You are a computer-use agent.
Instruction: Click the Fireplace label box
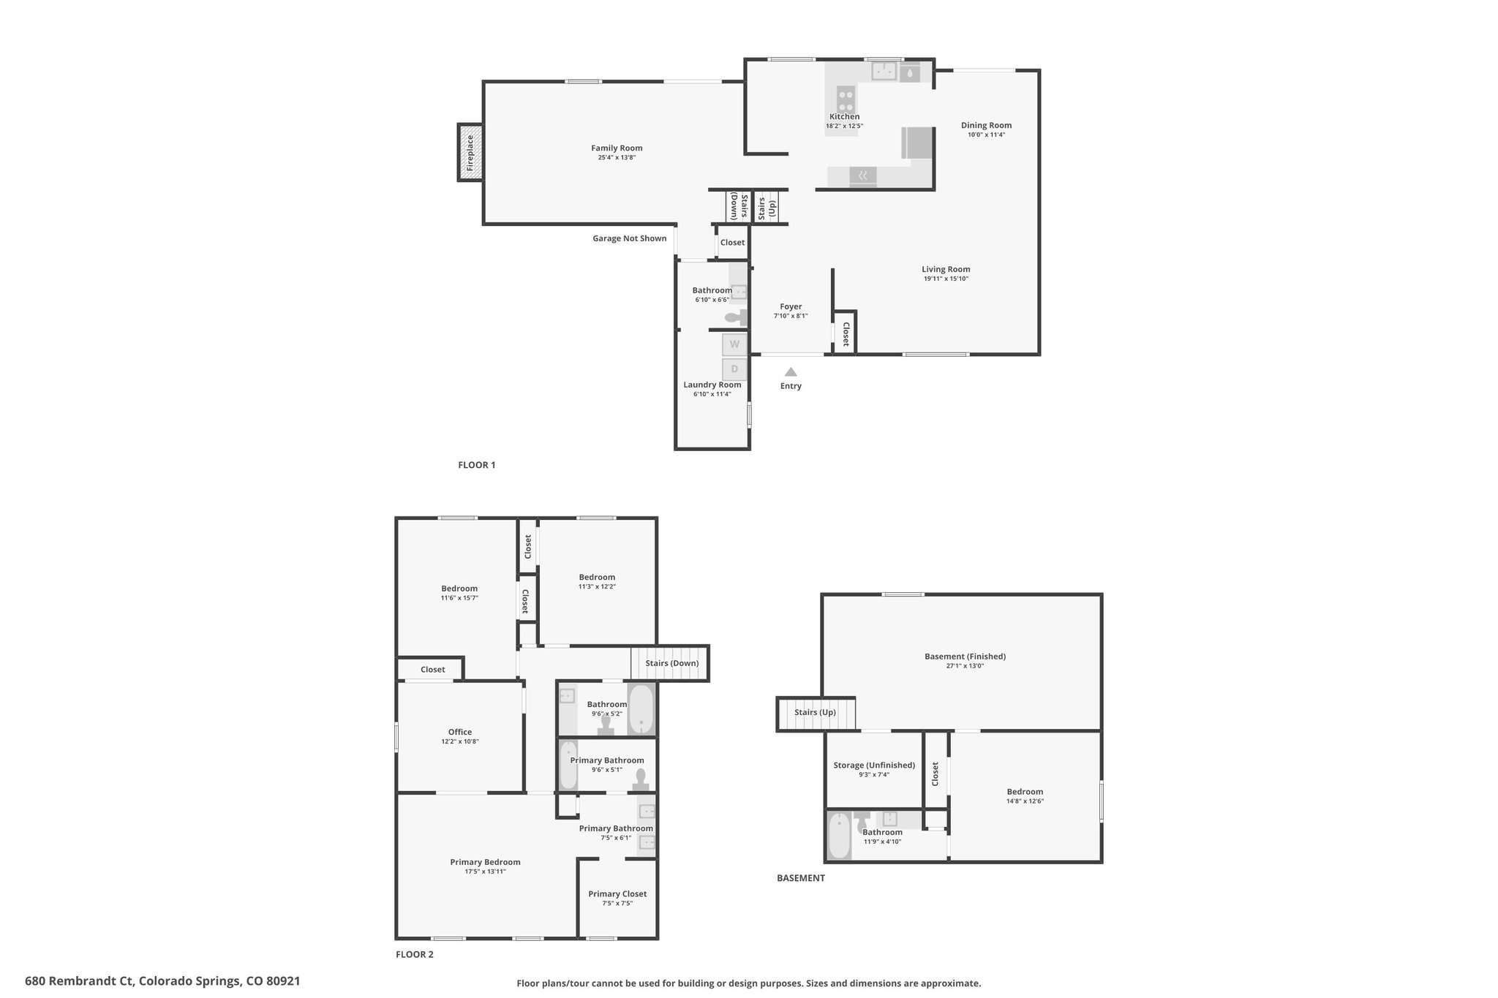pos(470,152)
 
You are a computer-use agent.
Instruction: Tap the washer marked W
pos(734,344)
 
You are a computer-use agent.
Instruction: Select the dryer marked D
pos(734,369)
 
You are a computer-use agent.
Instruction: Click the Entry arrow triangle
pos(791,371)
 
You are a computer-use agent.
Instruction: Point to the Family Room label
pos(617,148)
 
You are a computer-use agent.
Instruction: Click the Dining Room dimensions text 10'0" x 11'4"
pos(986,135)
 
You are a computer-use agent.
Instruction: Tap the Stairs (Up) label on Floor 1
pos(766,208)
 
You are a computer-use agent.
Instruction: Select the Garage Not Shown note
pos(629,238)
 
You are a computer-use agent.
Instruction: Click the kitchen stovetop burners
pos(846,97)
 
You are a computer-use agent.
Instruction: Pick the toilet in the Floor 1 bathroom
pos(734,317)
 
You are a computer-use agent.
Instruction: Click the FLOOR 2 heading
pos(415,954)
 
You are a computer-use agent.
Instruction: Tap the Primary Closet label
pos(617,893)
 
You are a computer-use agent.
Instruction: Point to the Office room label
pos(460,732)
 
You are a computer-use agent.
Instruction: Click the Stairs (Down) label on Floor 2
pos(671,663)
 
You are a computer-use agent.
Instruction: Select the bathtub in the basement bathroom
pos(840,836)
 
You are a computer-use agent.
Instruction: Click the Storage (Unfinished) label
pos(874,765)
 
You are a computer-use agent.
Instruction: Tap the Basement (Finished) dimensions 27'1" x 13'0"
pos(965,666)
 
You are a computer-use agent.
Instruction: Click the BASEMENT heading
pos(800,878)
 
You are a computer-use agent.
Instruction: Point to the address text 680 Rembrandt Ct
pos(78,981)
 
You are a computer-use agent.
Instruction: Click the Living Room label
pos(946,269)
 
